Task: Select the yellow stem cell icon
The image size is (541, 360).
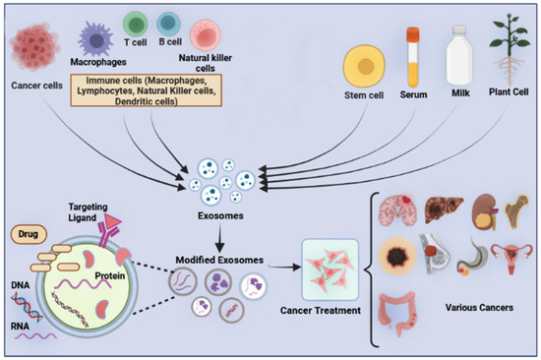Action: pyautogui.click(x=363, y=70)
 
